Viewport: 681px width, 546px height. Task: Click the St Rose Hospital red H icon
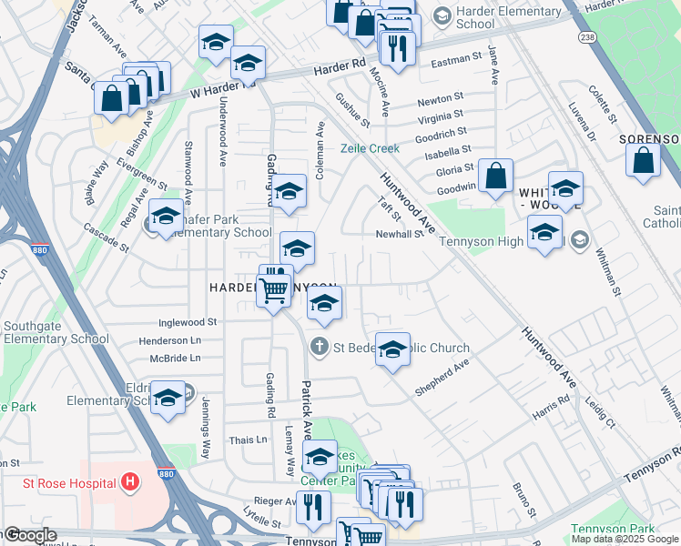[x=131, y=480]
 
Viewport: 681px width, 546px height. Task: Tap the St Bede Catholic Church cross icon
[x=319, y=346]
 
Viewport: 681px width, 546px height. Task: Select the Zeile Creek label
[x=370, y=148]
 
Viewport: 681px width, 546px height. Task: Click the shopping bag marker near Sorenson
[x=643, y=160]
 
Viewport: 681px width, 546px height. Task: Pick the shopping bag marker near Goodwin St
[x=496, y=177]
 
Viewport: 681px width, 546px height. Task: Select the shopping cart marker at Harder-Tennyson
[x=273, y=292]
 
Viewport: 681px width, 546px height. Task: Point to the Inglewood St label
[x=187, y=322]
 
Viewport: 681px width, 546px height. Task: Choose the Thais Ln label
[x=249, y=439]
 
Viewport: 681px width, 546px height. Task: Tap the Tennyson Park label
[x=613, y=529]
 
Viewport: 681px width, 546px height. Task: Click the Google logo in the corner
[x=30, y=535]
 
